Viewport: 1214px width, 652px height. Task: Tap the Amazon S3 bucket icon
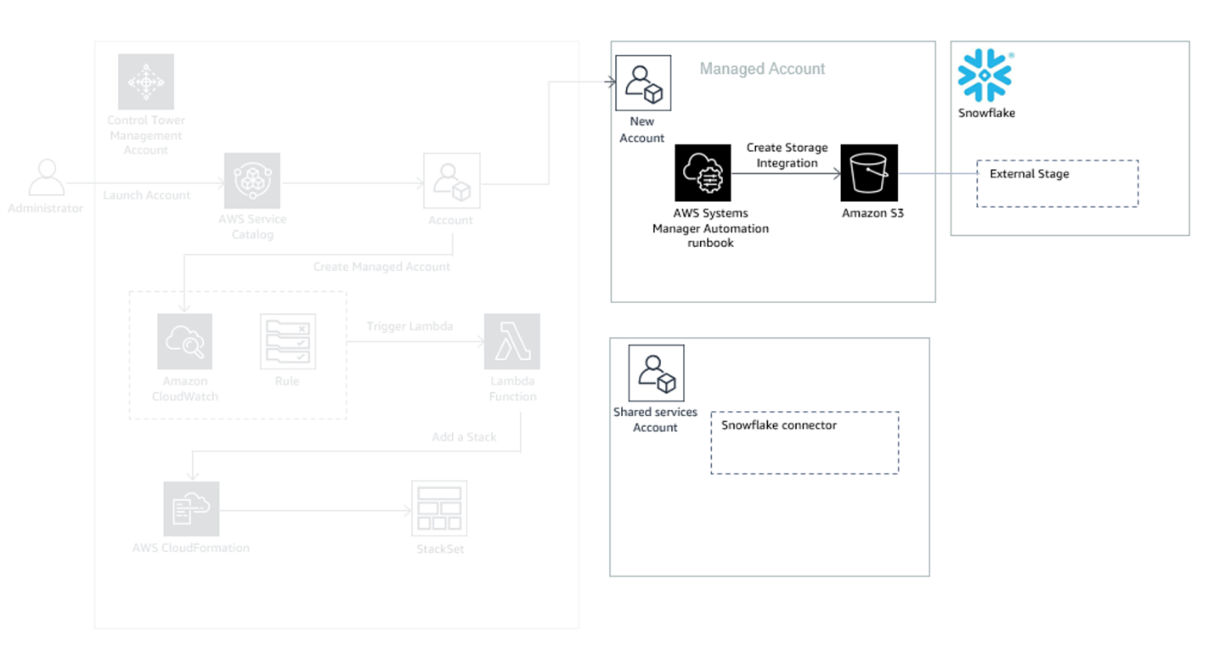(x=869, y=172)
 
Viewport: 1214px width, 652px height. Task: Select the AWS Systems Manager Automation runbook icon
(x=703, y=172)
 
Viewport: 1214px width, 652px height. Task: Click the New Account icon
(x=643, y=83)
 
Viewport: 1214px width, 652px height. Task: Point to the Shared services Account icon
(x=656, y=373)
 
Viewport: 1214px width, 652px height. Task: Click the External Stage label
(x=1029, y=174)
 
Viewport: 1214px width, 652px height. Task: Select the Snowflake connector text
(x=779, y=425)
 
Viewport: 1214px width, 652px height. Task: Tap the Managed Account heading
(x=762, y=69)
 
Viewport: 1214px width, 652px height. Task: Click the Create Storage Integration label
(x=787, y=155)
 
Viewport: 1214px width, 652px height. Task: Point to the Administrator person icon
(x=46, y=178)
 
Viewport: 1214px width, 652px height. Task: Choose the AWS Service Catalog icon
(x=252, y=181)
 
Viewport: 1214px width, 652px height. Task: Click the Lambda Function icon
(x=512, y=341)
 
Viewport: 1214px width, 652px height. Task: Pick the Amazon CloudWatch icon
(x=185, y=341)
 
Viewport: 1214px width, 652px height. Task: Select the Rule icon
(x=287, y=341)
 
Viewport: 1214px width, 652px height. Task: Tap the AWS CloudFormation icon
(x=191, y=509)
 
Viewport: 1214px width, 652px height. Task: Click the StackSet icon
(x=439, y=509)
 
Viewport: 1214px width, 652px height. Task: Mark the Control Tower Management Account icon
(x=146, y=82)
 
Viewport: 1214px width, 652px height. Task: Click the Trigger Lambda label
(x=409, y=326)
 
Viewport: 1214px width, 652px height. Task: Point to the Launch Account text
(x=147, y=195)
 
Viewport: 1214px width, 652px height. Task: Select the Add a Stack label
(x=464, y=437)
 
